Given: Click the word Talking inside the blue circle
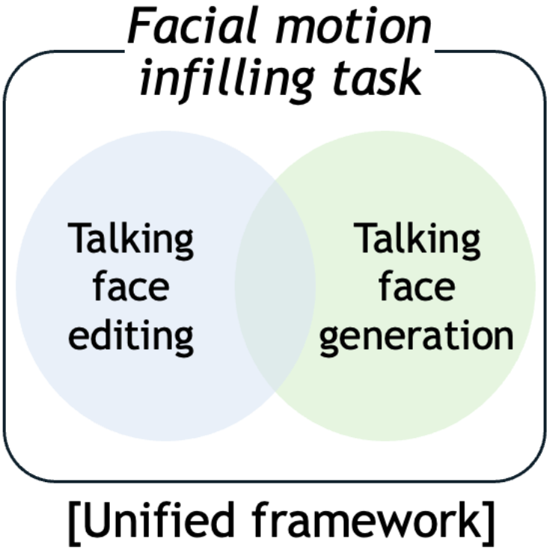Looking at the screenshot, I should (x=131, y=240).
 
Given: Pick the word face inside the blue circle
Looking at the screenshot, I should (x=131, y=288).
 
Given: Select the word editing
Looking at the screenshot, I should (x=131, y=336).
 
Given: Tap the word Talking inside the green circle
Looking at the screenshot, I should (x=417, y=240).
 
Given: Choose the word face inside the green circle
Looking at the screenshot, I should (x=417, y=288).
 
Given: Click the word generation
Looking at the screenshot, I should (x=417, y=336).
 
